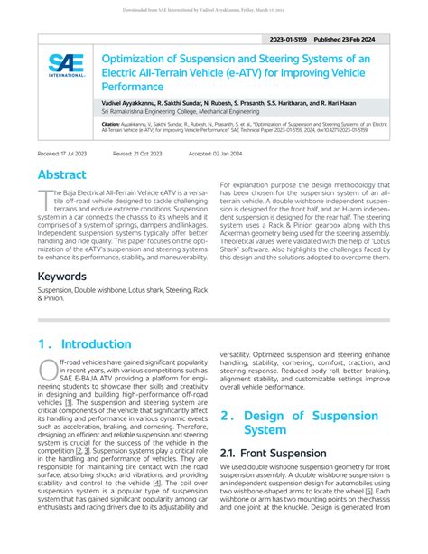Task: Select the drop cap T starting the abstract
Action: [x=42, y=201]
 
